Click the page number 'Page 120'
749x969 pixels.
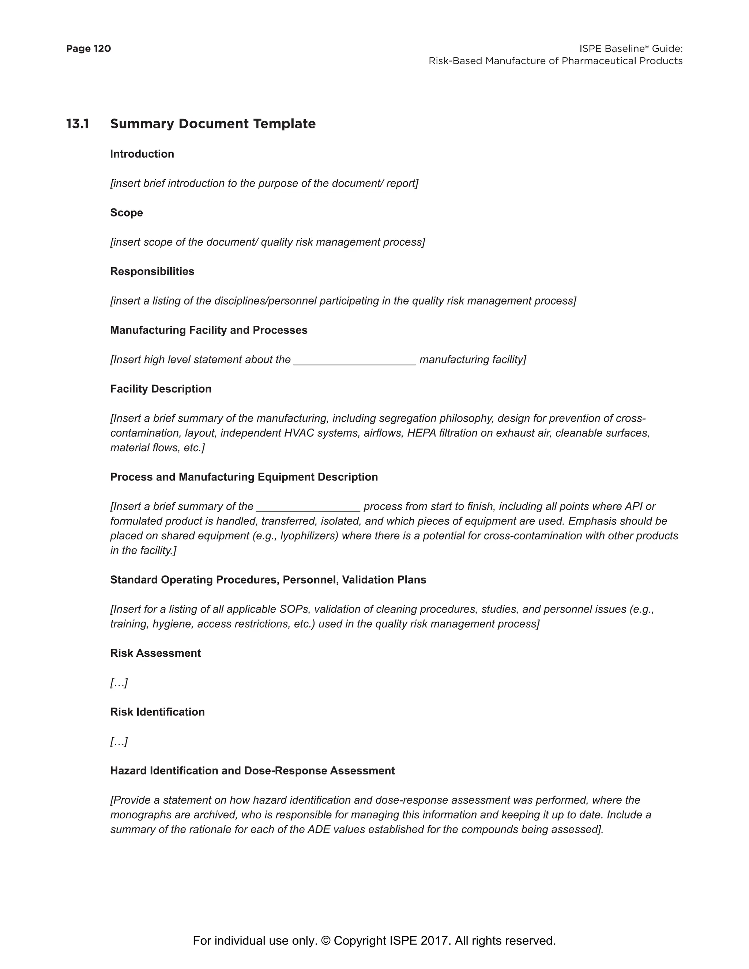(x=88, y=49)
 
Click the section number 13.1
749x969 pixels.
(x=77, y=124)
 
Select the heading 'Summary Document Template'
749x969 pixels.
(x=212, y=124)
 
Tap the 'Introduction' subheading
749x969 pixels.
(x=142, y=154)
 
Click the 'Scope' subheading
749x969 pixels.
(x=127, y=212)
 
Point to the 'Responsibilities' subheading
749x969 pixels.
(x=152, y=272)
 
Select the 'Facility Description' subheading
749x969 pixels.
(x=161, y=389)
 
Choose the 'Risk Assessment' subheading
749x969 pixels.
(x=155, y=653)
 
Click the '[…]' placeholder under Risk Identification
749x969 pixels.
(x=119, y=742)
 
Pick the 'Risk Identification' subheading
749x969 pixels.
(x=157, y=712)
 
